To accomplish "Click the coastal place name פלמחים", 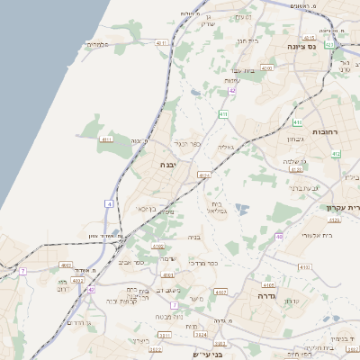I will [x=98, y=44].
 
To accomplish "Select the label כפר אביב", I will [x=131, y=263].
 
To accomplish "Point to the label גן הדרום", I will [x=80, y=321].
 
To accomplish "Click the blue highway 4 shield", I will [x=108, y=205].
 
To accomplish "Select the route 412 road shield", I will [x=336, y=154].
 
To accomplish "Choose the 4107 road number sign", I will [x=221, y=292].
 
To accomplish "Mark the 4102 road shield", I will [x=158, y=246].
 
